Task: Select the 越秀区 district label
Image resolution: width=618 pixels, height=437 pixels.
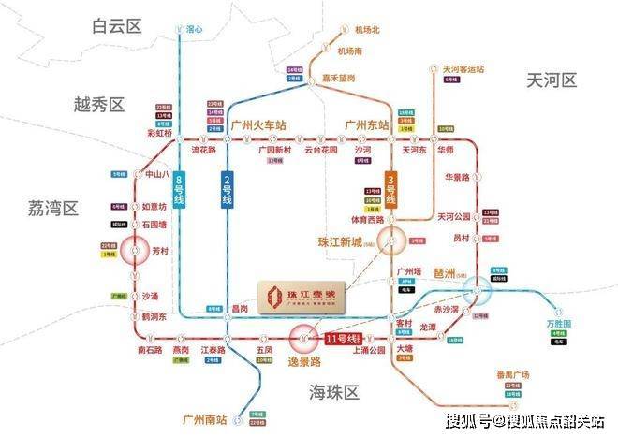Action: click(x=100, y=104)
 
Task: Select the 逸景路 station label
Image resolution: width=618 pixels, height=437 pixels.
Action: click(x=303, y=360)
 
